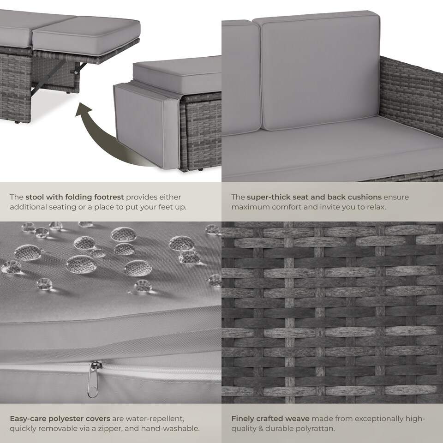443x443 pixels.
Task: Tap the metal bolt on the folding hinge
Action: pyautogui.click(x=76, y=72)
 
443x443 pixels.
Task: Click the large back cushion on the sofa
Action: pyautogui.click(x=320, y=71)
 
